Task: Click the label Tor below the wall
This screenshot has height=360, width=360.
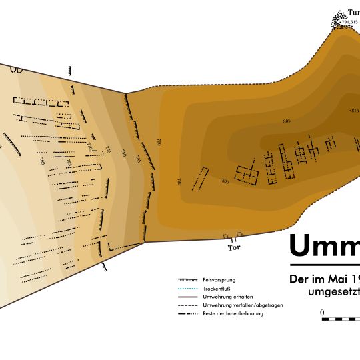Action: tap(233, 248)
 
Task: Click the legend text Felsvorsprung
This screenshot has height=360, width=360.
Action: tap(219, 280)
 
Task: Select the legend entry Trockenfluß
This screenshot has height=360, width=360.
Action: tap(216, 289)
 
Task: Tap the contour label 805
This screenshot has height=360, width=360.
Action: tap(287, 121)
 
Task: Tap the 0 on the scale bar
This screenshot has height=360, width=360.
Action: tap(322, 312)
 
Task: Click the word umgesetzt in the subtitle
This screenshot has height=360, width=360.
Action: tap(333, 292)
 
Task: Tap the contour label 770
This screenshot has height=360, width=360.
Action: tap(90, 147)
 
